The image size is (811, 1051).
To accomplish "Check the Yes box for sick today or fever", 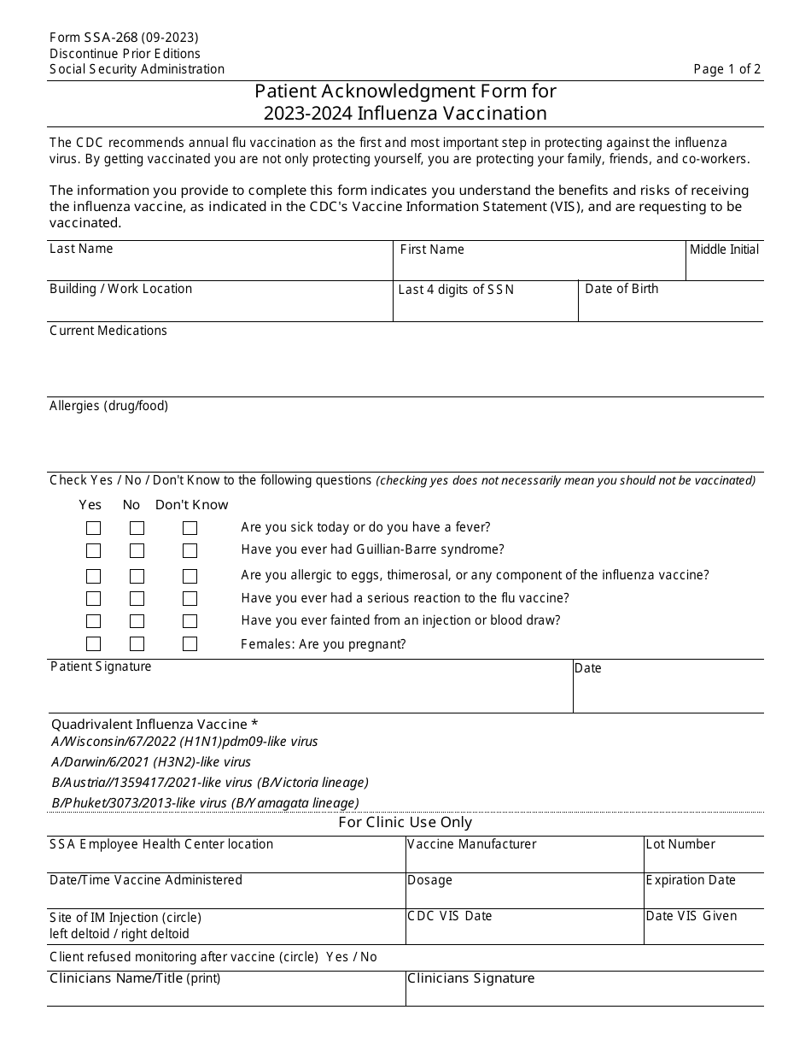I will [x=93, y=528].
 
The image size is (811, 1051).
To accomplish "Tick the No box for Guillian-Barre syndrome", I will [x=137, y=551].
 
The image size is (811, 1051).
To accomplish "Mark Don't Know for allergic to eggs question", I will [x=190, y=576].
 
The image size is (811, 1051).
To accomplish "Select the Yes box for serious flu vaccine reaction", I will [x=93, y=599].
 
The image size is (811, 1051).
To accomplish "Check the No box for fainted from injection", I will [x=137, y=621].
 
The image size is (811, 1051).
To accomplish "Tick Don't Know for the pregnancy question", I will [x=190, y=644].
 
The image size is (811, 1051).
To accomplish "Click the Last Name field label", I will [x=81, y=249].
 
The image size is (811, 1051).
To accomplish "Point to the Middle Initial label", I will [x=724, y=250].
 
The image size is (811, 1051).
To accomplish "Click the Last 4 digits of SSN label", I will [x=456, y=290].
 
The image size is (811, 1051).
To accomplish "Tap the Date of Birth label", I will [x=621, y=289].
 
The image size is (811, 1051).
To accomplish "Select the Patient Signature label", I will [x=101, y=666].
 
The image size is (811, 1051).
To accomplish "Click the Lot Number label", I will [x=680, y=844].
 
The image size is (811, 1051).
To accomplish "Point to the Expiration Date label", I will [x=691, y=880].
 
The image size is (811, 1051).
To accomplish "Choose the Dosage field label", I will [x=429, y=880].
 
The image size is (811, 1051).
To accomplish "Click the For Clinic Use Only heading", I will [x=405, y=822].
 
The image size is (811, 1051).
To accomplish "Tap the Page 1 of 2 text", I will [x=726, y=69].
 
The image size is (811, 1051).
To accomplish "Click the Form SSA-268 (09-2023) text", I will [x=124, y=38].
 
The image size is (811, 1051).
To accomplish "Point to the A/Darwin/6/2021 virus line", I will [x=151, y=761].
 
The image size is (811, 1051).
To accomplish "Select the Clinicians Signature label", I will [x=470, y=978].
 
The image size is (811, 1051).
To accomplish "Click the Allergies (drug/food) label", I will [x=108, y=406].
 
